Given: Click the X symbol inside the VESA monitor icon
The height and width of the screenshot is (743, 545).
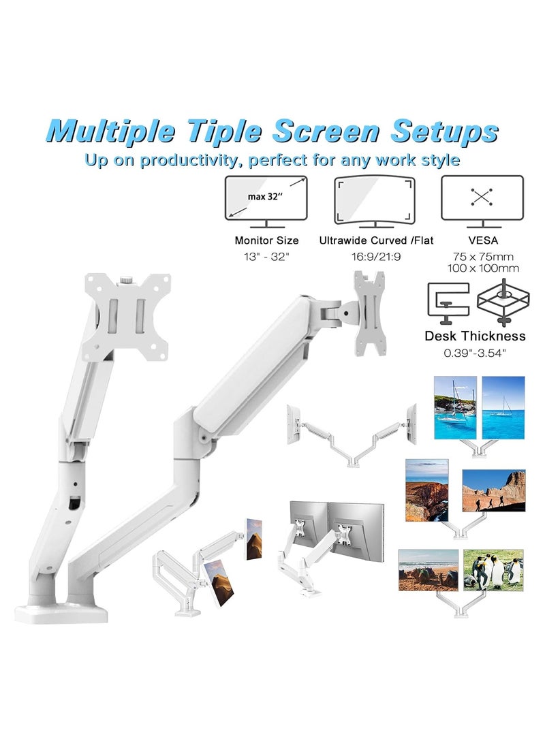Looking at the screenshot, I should pyautogui.click(x=482, y=197).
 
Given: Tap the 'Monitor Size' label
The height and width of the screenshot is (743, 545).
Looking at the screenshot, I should pyautogui.click(x=266, y=240).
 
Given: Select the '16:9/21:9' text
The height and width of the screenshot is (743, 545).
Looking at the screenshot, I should pyautogui.click(x=375, y=257).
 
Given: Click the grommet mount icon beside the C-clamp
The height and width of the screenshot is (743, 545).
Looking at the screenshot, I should pyautogui.click(x=503, y=302).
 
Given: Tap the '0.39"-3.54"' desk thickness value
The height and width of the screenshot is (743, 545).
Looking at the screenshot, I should pyautogui.click(x=474, y=353).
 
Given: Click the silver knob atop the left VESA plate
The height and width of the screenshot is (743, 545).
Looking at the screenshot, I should pyautogui.click(x=126, y=279).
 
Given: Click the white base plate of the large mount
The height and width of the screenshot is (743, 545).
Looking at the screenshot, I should pyautogui.click(x=61, y=611).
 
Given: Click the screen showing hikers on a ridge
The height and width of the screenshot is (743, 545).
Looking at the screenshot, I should pyautogui.click(x=493, y=490).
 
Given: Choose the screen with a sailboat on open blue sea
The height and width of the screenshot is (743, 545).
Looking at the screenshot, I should pyautogui.click(x=503, y=407).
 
